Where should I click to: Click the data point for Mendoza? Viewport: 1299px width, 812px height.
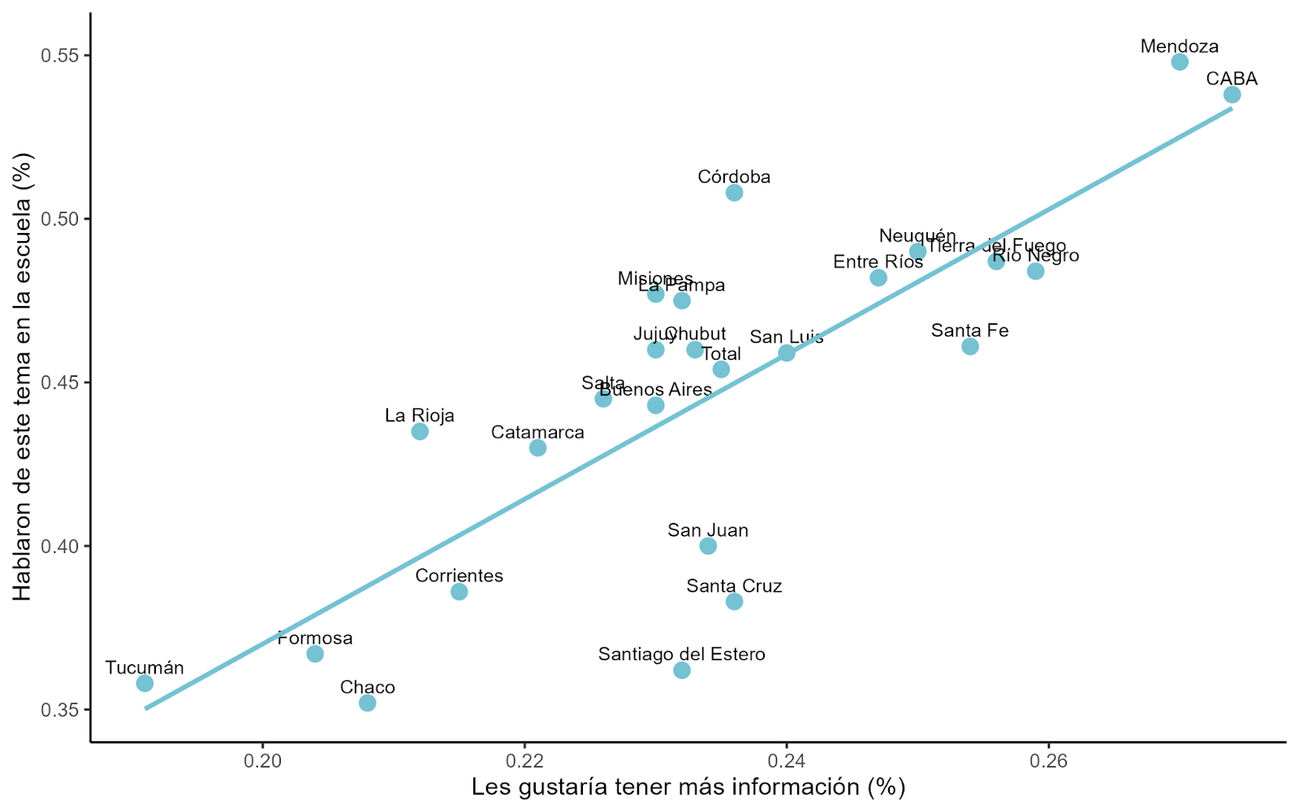(1180, 62)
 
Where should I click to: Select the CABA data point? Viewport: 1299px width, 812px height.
(1232, 95)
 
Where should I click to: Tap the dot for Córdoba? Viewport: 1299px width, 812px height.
(734, 192)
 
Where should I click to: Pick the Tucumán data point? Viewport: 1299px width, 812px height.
(145, 683)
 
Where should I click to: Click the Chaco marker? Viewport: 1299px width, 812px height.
(367, 702)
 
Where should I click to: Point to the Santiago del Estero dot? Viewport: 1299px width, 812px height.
(682, 670)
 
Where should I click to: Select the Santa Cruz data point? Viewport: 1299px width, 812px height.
(734, 602)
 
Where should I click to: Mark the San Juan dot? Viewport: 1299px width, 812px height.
(708, 546)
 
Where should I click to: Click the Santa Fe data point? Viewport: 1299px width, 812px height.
(969, 347)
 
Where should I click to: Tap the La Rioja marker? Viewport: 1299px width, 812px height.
(420, 431)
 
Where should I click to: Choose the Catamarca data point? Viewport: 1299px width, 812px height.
(537, 447)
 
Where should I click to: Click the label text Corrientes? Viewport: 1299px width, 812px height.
(459, 576)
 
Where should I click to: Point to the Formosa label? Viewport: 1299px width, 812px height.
(315, 638)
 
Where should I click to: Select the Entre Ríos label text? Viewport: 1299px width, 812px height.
(878, 262)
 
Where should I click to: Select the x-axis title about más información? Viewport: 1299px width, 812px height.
(688, 787)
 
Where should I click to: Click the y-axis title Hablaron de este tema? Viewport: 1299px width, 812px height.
(23, 377)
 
